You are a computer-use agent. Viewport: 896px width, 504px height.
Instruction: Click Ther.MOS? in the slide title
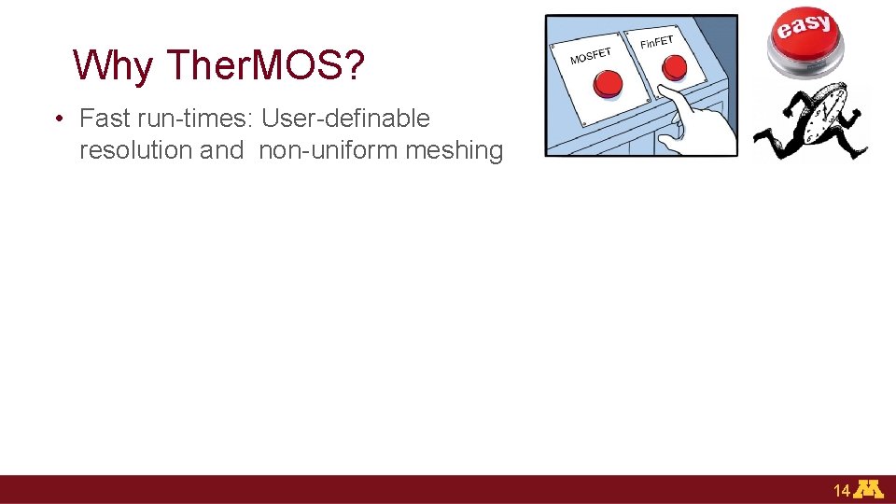265,64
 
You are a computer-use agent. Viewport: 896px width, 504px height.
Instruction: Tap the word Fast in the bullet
104,119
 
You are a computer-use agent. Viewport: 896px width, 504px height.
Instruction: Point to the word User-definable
345,119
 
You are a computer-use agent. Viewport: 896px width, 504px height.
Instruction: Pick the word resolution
136,150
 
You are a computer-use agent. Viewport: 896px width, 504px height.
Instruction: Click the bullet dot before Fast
58,119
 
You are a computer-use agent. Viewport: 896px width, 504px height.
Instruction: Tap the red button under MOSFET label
609,84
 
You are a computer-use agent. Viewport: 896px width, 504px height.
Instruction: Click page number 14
841,491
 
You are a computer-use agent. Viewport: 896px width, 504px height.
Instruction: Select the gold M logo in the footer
870,490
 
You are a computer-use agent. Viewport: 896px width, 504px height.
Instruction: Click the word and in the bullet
221,150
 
